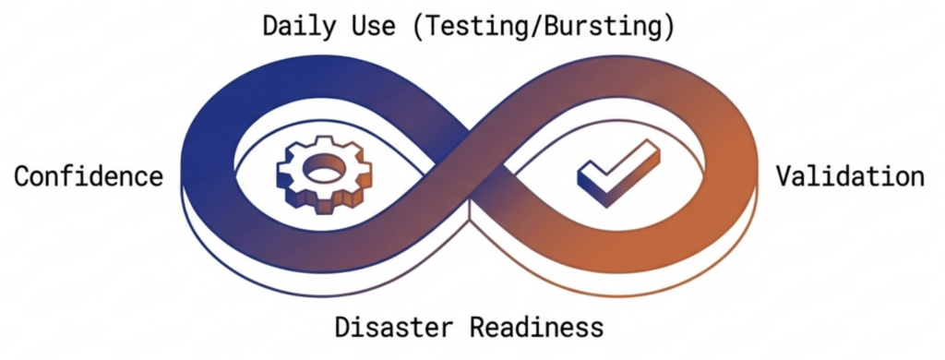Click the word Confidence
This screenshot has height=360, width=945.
tap(89, 176)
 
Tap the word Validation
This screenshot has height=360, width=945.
tap(850, 176)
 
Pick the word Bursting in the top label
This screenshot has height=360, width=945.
tap(599, 26)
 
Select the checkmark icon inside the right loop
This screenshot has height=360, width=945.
tap(617, 174)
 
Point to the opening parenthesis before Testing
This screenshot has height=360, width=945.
tap(423, 26)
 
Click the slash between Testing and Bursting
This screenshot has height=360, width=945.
tap(540, 26)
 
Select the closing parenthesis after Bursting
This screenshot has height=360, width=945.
tap(668, 26)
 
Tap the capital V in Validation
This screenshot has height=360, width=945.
tap(784, 176)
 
